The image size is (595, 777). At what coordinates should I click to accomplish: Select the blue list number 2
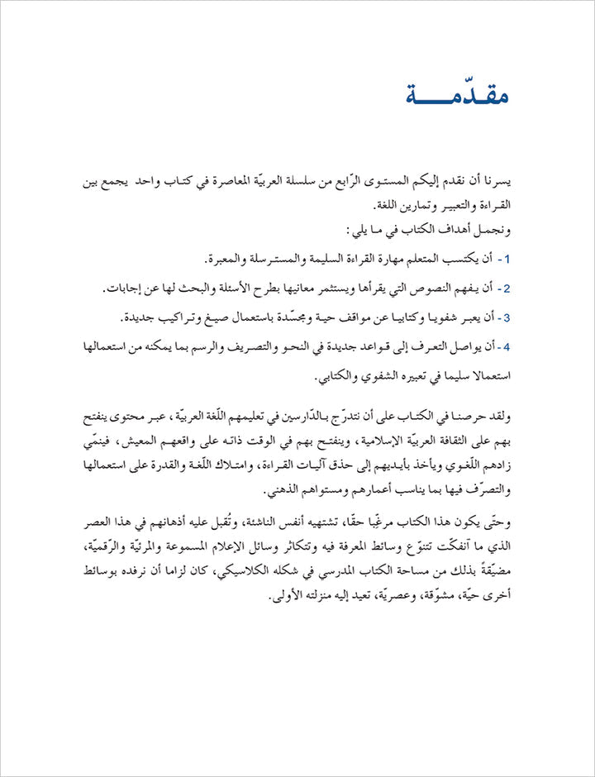coord(507,288)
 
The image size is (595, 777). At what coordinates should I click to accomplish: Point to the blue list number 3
coord(507,317)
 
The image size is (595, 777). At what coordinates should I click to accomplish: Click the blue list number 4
coord(507,346)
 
